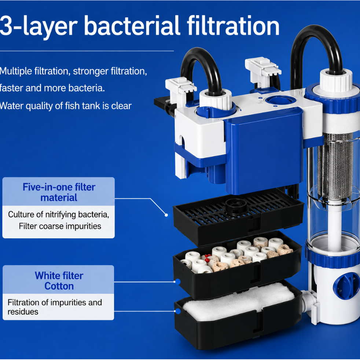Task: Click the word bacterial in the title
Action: [x=132, y=26]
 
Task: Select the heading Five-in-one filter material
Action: [x=59, y=192]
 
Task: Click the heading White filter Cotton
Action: [x=59, y=281]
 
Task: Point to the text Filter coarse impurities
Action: [x=60, y=226]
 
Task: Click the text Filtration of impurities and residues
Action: [x=55, y=307]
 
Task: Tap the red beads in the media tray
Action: [x=207, y=258]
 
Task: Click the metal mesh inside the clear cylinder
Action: [x=335, y=166]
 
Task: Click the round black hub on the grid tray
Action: [x=236, y=206]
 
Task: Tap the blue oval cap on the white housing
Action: [x=280, y=101]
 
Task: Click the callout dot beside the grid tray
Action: [x=166, y=215]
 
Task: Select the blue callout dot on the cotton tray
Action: [x=178, y=311]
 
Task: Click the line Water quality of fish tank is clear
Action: [x=66, y=106]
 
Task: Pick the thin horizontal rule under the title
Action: [x=87, y=51]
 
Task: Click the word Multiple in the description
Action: [x=16, y=71]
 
